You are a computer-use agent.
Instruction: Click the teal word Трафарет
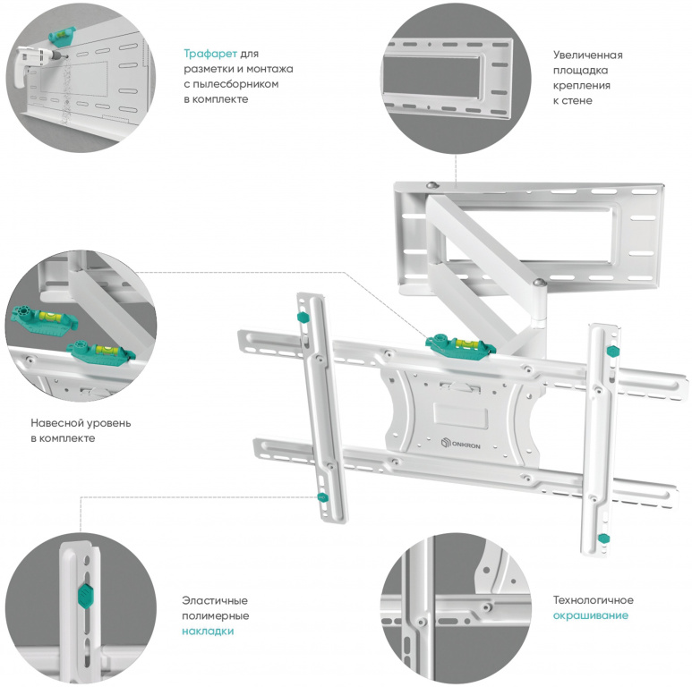coord(210,53)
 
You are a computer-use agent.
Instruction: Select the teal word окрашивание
coord(590,615)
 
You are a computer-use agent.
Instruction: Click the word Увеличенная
coord(587,55)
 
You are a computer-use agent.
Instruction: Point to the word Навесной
coord(55,423)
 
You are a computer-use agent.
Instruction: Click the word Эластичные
coord(215,600)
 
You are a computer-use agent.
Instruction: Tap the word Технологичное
coord(594,600)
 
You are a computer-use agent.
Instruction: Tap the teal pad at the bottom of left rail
coord(320,498)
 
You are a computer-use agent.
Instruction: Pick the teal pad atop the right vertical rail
coord(613,351)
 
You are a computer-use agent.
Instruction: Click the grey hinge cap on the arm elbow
coord(538,284)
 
